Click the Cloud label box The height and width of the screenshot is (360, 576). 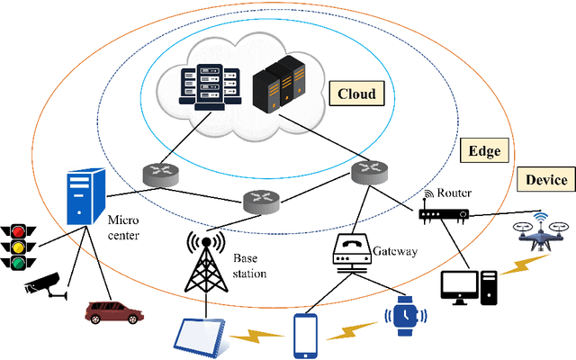(x=355, y=93)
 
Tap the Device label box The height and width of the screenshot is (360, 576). (x=545, y=180)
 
